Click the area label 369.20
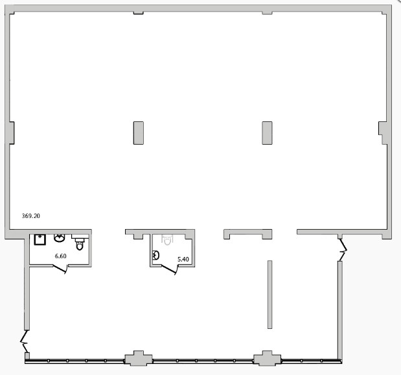[x=31, y=216]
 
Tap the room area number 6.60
[x=61, y=256]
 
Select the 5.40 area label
[x=183, y=259]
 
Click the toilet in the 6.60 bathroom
[x=80, y=243]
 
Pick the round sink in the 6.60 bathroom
[x=60, y=238]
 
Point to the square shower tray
[x=40, y=239]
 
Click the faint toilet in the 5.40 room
[x=167, y=240]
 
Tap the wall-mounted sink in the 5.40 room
[x=155, y=255]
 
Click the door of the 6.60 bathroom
[x=60, y=269]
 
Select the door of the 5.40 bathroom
[x=169, y=269]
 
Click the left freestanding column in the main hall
[x=139, y=133]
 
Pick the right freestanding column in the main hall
[x=267, y=133]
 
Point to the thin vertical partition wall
[x=269, y=295]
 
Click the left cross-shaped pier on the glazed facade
[x=139, y=358]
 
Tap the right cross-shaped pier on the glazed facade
[x=267, y=358]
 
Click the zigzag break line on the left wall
[x=25, y=341]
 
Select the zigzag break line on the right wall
[x=343, y=250]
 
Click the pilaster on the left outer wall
[x=12, y=133]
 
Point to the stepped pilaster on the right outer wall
[x=383, y=133]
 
